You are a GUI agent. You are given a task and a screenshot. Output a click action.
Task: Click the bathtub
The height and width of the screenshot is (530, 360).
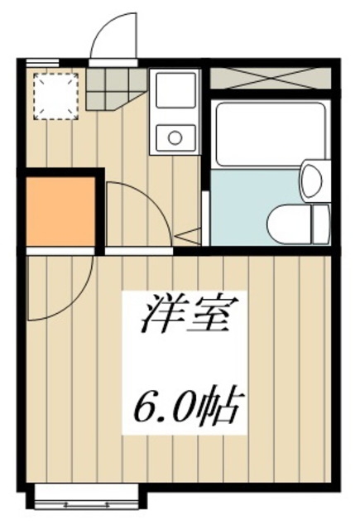266,132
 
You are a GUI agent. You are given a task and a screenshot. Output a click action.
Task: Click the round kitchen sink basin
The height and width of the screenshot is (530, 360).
175,135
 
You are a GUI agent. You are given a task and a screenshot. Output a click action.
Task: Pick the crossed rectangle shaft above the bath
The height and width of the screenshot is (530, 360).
270,77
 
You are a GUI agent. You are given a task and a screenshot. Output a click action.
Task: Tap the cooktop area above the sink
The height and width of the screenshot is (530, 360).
175,89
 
